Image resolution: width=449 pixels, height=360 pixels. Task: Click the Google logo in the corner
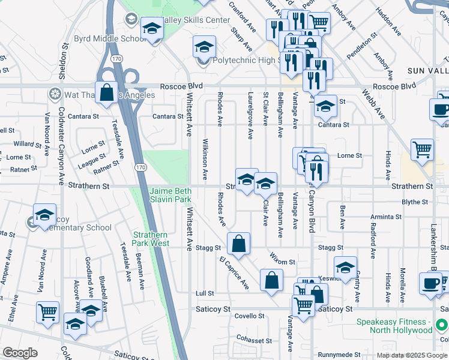[19, 353]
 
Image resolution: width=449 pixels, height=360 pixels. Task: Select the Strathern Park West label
[151, 239]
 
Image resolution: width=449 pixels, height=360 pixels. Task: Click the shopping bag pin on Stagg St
[238, 244]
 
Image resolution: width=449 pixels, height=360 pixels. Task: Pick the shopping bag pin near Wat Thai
[106, 93]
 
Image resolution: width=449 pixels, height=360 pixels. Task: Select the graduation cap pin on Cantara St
[325, 107]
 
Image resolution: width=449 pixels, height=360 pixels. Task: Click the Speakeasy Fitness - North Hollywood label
[394, 326]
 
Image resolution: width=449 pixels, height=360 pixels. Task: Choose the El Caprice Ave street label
[234, 273]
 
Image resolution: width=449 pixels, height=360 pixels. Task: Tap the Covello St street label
[249, 316]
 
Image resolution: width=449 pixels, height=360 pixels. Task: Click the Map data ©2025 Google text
[411, 355]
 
